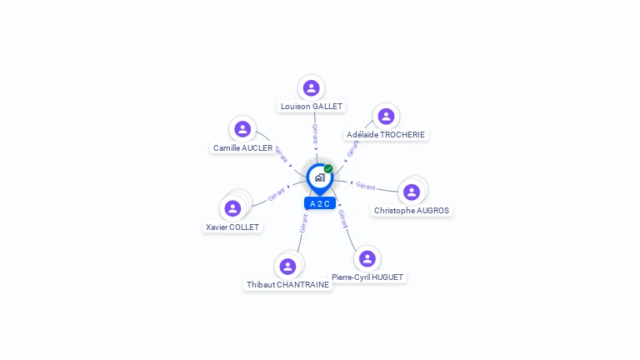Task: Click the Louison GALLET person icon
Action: (311, 87)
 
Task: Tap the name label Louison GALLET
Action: (312, 107)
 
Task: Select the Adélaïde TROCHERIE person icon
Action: (384, 117)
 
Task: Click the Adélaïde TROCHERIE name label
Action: (386, 135)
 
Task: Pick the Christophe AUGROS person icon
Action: (411, 192)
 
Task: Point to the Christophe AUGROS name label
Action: (412, 211)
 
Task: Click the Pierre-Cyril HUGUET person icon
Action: (367, 258)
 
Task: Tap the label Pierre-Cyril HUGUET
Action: (367, 277)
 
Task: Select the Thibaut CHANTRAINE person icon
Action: (287, 267)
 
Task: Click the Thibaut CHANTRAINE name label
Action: (287, 285)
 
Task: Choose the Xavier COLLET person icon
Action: (232, 208)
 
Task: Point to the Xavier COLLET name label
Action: (232, 227)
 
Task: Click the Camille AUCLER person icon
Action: (242, 129)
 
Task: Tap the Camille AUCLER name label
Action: (242, 148)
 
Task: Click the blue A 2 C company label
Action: (320, 203)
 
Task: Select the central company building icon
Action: (319, 177)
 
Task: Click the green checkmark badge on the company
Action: (328, 168)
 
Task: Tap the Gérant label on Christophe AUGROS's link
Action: (366, 186)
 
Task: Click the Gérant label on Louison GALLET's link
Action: (314, 133)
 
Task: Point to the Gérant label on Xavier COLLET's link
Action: (277, 196)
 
